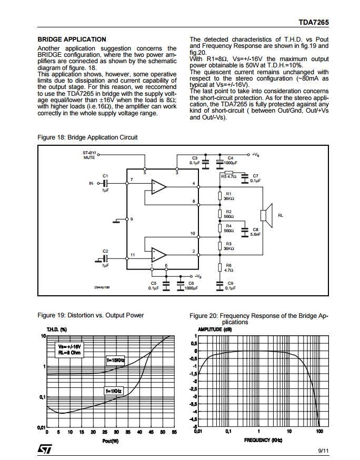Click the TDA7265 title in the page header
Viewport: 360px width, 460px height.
(x=313, y=23)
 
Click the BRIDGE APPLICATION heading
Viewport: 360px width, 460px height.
(x=72, y=39)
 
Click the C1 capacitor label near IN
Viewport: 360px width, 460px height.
(x=105, y=175)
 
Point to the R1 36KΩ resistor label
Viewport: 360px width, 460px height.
(x=228, y=196)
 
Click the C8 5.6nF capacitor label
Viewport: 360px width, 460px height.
(x=255, y=232)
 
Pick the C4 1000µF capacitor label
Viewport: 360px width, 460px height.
(x=230, y=161)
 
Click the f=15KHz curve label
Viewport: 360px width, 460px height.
(x=115, y=360)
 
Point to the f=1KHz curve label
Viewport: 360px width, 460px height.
(x=114, y=391)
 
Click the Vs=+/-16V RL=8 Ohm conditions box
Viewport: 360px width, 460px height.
(x=70, y=349)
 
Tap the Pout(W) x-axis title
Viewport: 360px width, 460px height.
(x=110, y=441)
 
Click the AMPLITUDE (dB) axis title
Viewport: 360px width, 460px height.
(x=213, y=329)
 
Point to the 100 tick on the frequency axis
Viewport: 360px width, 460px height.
(x=319, y=432)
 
